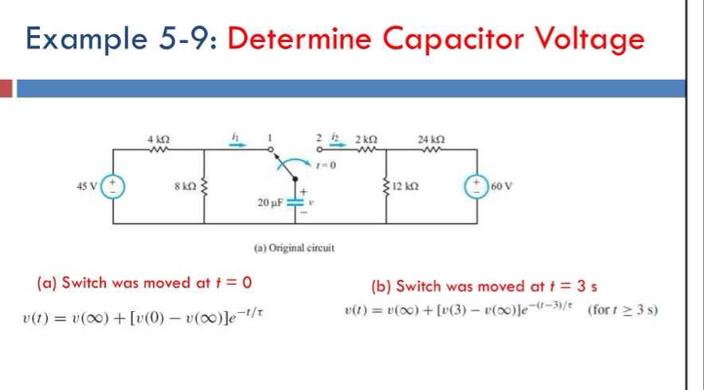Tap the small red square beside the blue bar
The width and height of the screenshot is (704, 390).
click(7, 88)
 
